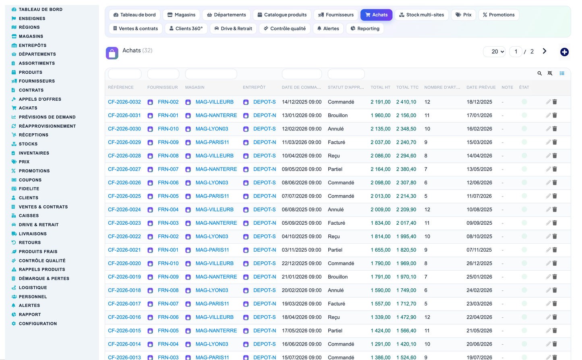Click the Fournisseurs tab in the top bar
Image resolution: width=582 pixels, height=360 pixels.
pos(336,15)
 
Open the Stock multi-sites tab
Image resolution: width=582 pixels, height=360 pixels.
pos(421,15)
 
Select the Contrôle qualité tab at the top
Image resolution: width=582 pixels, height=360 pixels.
pos(284,29)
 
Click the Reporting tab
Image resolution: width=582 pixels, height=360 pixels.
pos(365,29)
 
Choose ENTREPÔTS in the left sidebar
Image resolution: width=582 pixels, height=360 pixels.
pos(33,45)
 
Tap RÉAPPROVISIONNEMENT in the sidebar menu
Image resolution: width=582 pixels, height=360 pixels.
pos(47,126)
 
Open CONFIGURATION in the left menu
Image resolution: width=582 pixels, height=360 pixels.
pos(38,323)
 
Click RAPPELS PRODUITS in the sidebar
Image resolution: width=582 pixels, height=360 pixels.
pos(42,269)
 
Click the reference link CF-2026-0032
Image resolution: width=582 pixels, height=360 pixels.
pos(124,102)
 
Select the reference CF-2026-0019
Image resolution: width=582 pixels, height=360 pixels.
pos(124,277)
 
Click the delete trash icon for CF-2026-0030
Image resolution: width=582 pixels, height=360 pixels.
pos(555,128)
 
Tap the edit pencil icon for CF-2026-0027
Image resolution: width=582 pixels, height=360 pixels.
pos(548,169)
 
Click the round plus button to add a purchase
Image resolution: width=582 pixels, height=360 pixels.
pos(564,52)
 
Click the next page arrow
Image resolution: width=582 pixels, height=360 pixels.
pos(545,51)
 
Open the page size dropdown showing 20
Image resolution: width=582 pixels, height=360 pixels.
pos(494,52)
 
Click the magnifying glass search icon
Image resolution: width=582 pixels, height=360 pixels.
pos(539,74)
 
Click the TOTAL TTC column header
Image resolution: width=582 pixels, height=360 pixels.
pos(407,87)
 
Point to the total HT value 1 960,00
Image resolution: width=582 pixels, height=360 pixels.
pos(380,115)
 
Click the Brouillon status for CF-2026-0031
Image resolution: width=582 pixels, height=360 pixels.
pos(338,115)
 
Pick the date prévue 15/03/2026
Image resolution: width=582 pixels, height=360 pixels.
pos(479,142)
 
